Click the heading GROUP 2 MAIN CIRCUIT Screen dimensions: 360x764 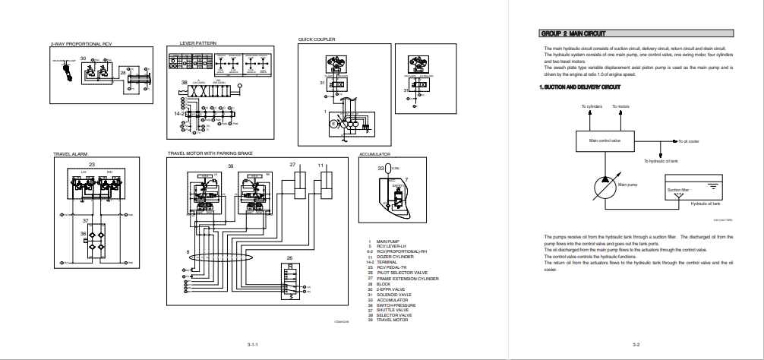point(573,33)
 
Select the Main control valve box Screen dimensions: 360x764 point(605,141)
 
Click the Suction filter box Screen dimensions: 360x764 point(678,190)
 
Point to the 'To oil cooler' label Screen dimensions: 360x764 point(688,141)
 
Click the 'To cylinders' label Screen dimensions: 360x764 point(592,106)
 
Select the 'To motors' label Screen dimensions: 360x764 point(620,106)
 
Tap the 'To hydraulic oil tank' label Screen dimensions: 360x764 point(666,161)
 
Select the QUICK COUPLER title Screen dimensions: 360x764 point(317,39)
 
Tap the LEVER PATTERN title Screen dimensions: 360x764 point(197,43)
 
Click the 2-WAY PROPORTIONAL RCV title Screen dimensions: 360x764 point(81,44)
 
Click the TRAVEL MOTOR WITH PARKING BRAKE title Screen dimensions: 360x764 point(210,154)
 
